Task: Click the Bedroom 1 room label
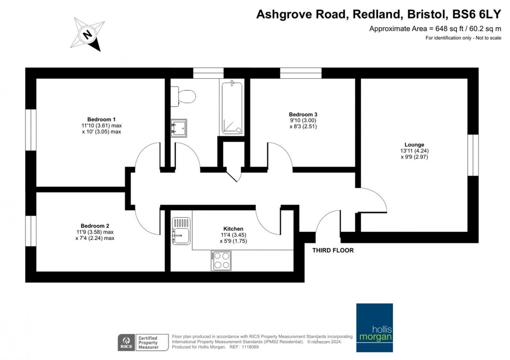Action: [102, 119]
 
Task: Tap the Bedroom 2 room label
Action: [95, 226]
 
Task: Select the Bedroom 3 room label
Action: [303, 114]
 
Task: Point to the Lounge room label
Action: [414, 145]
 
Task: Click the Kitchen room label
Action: [233, 229]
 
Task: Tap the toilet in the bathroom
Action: [183, 96]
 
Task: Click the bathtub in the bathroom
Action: [232, 107]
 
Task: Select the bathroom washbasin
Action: [179, 128]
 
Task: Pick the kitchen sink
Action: [181, 231]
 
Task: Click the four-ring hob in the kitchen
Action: [221, 260]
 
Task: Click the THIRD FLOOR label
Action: [333, 250]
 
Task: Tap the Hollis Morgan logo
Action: [374, 328]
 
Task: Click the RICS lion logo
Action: [126, 342]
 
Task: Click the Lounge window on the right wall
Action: [473, 155]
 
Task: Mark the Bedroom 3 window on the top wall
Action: [301, 73]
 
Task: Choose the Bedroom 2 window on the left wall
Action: [31, 231]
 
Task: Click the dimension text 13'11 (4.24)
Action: [414, 151]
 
